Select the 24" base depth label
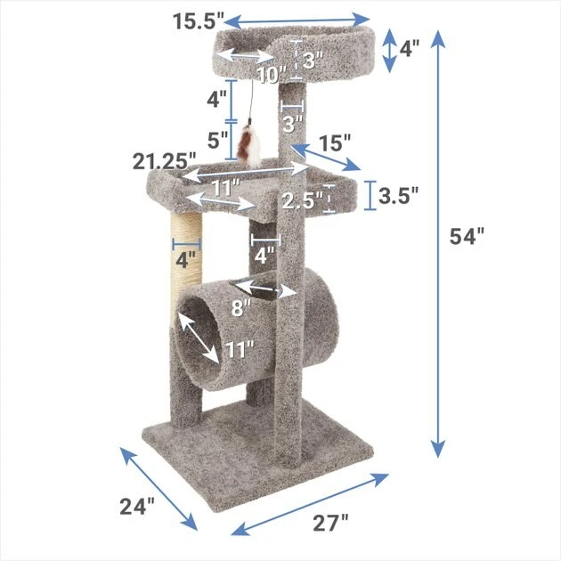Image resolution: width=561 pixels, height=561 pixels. pos(136,507)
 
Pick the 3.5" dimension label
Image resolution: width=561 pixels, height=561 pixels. pos(398,196)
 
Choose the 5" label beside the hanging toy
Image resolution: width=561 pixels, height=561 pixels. pos(217,140)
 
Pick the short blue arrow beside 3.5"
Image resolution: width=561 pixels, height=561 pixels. pos(370,197)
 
